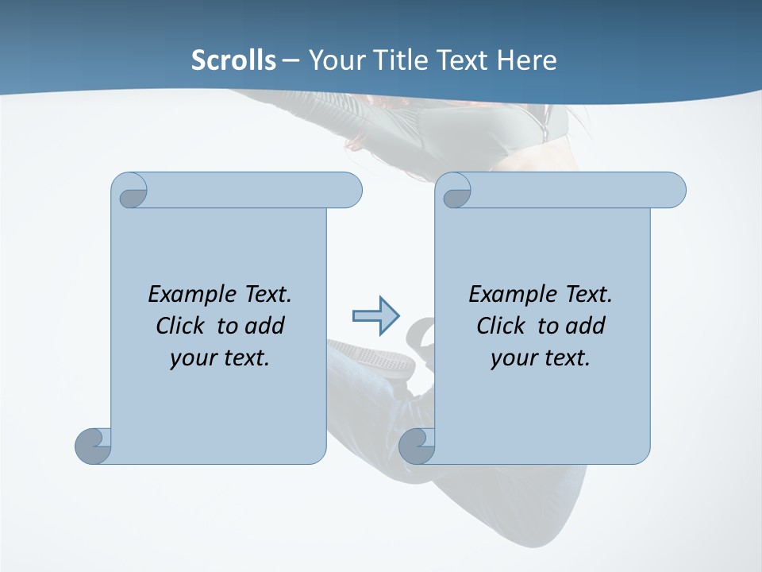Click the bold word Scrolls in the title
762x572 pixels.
pos(233,60)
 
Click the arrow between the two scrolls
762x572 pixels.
pos(375,316)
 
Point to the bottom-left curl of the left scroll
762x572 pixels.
pos(94,446)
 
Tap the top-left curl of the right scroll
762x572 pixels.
pos(455,191)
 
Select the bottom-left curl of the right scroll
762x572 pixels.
pos(417,446)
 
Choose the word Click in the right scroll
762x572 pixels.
pos(502,326)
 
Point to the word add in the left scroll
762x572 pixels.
pos(264,326)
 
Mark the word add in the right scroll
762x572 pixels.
pos(585,326)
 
